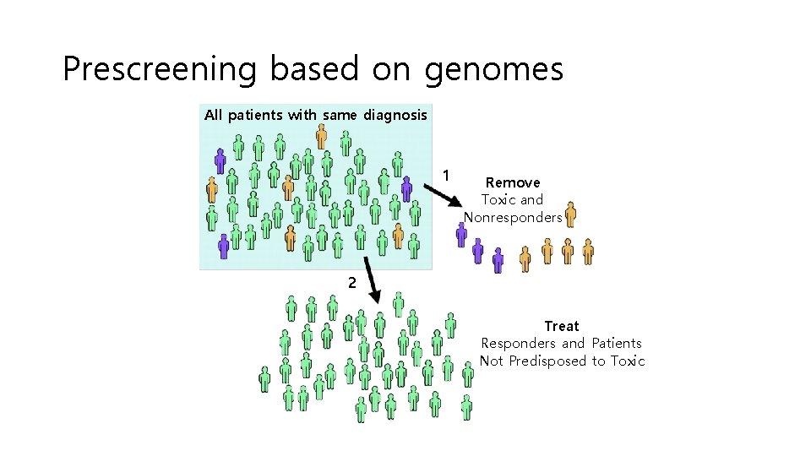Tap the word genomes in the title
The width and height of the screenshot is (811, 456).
[493, 70]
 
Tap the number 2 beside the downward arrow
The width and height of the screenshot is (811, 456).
[351, 283]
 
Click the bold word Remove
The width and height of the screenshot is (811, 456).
[513, 182]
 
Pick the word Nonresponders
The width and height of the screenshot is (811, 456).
[513, 218]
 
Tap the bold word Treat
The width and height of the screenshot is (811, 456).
[562, 326]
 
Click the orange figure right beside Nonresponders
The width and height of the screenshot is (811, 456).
[570, 214]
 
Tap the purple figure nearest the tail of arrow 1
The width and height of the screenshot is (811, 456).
[406, 188]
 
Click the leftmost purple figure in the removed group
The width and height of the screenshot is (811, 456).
[461, 234]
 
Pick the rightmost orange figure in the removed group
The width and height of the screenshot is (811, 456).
[588, 251]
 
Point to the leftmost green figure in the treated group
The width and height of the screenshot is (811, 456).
[265, 379]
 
